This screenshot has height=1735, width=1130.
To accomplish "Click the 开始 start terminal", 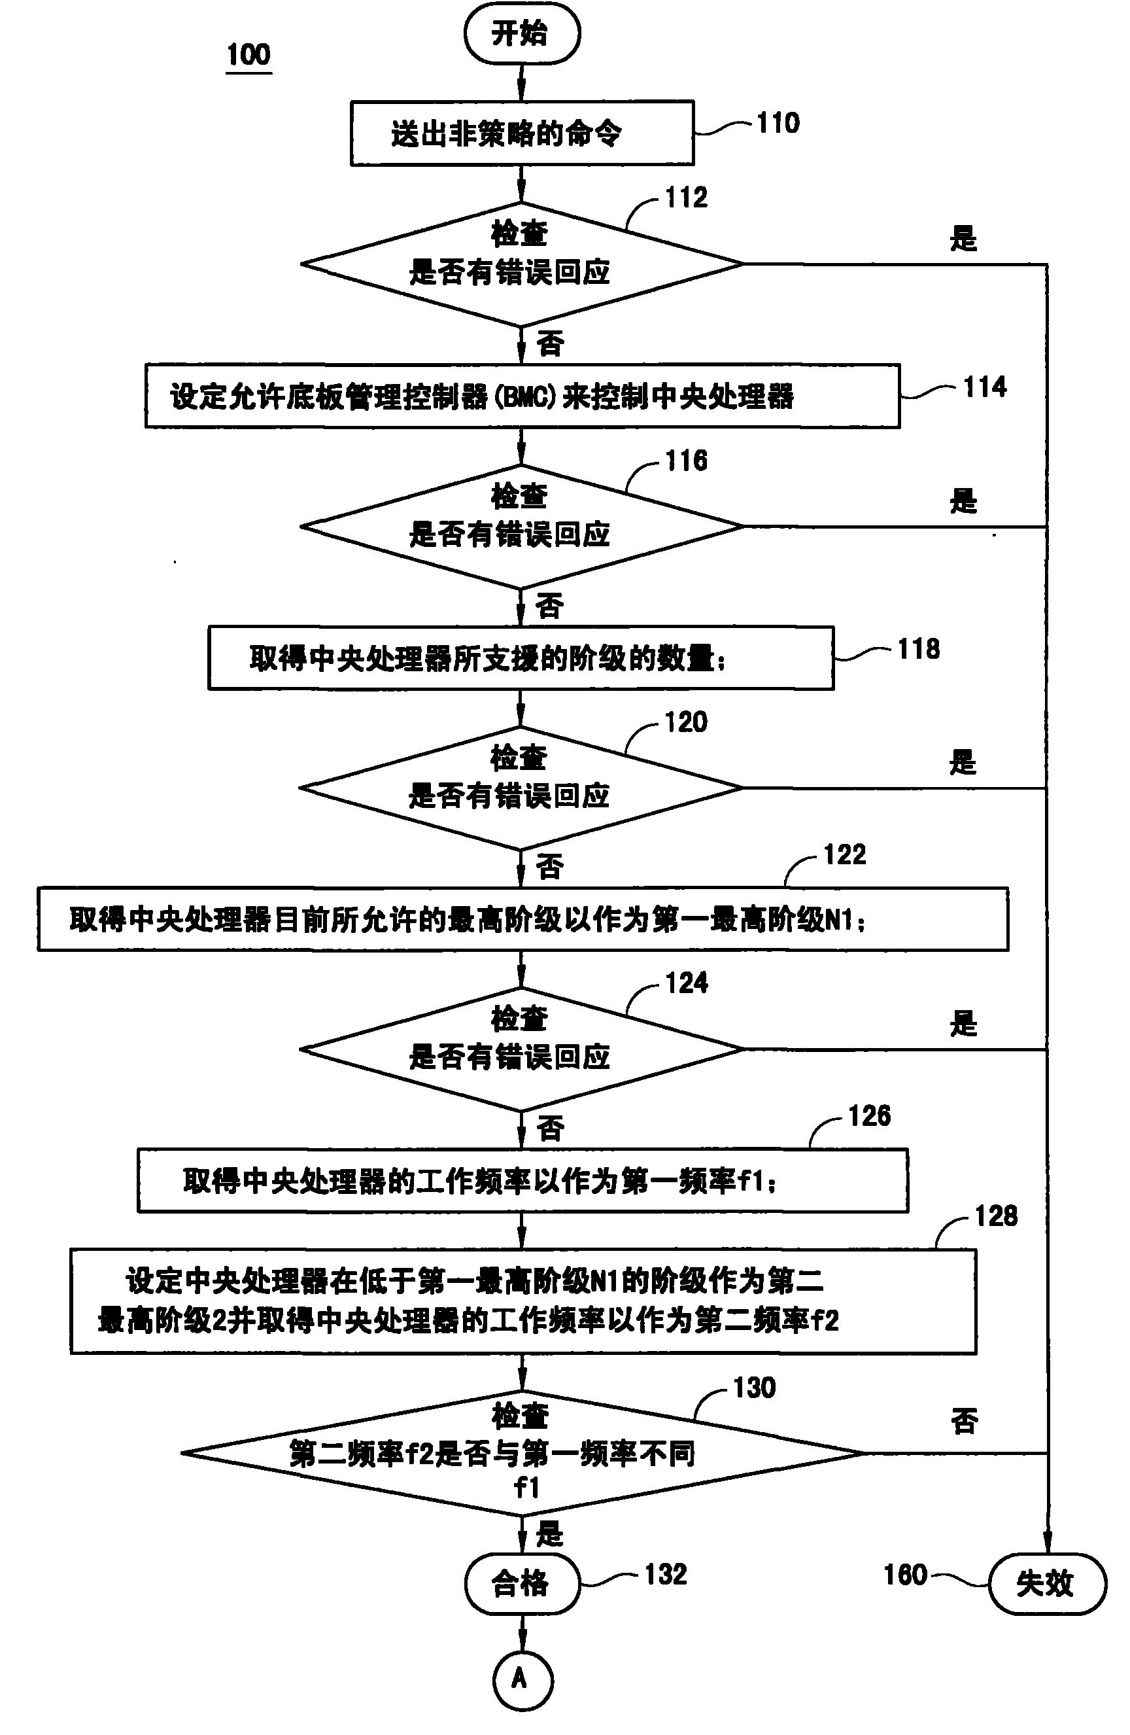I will (522, 33).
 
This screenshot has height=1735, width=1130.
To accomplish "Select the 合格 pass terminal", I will (522, 1583).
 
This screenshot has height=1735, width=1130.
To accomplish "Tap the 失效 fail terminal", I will (1046, 1583).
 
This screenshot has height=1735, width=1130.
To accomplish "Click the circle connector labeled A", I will (522, 1679).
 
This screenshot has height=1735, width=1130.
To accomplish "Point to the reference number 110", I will (778, 123).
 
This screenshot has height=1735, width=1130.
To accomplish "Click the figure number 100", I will (248, 55).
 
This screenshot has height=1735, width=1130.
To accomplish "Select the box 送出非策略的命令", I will (522, 133).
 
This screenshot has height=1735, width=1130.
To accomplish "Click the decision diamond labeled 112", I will (522, 264).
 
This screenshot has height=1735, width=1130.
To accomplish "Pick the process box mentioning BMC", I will (522, 396).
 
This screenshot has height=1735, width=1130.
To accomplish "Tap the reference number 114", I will (985, 387).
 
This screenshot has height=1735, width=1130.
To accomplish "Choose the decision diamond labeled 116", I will (522, 525).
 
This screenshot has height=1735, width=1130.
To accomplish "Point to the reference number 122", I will (844, 854).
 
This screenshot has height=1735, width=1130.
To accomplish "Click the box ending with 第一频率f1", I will (522, 1181).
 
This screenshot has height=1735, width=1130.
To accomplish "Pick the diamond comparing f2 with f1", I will (522, 1454).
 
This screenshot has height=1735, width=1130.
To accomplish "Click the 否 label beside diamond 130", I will (964, 1420).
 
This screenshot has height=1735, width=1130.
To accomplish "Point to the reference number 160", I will (905, 1575).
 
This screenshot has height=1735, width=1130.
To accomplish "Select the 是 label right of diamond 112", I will (963, 238).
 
